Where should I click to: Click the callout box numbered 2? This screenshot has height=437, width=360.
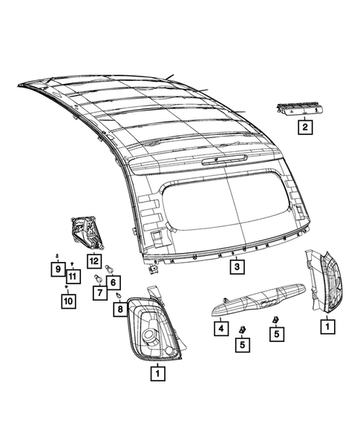(304, 128)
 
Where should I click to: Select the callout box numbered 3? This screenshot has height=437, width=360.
(235, 266)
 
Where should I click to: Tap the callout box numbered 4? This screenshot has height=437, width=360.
(221, 326)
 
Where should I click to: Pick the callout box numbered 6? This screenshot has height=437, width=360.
(113, 281)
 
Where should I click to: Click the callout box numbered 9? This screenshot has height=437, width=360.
(56, 269)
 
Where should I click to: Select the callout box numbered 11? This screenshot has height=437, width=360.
(72, 277)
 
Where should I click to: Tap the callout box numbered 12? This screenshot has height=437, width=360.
(94, 260)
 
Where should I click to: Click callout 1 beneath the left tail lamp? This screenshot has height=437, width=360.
(157, 374)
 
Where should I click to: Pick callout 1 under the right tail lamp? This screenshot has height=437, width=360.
(324, 324)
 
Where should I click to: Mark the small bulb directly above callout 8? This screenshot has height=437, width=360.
(118, 295)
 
